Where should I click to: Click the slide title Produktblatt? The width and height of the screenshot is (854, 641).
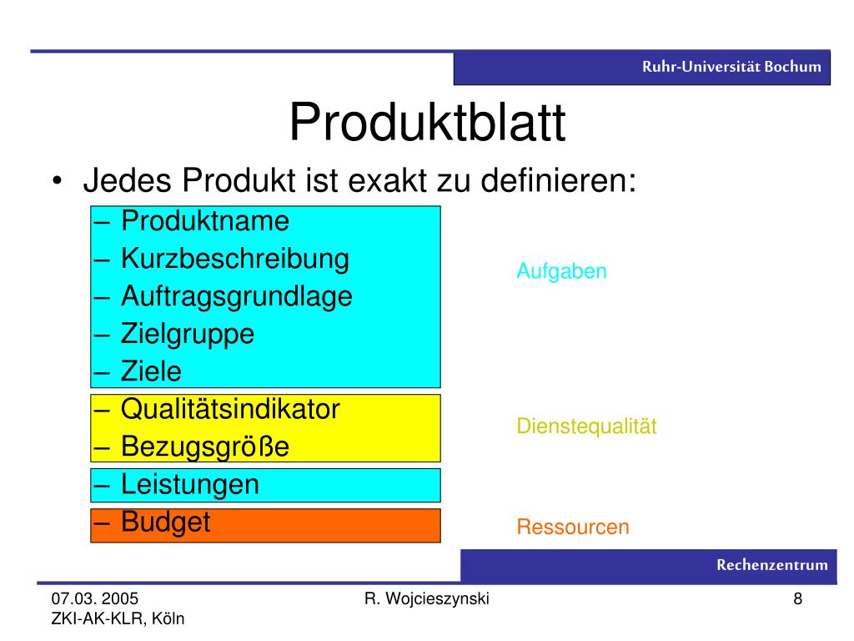point(428,123)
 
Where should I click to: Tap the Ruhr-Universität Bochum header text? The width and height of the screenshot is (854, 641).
point(731,67)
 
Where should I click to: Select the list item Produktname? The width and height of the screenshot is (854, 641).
point(205,221)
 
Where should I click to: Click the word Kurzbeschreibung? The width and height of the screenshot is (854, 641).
point(234,259)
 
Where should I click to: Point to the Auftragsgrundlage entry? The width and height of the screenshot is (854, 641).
point(236,297)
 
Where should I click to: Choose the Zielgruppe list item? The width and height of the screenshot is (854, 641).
point(188,334)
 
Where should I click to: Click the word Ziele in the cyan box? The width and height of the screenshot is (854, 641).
point(151,371)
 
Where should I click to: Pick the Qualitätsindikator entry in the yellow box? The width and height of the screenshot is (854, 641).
point(230,409)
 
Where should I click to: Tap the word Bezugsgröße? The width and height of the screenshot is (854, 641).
point(205,447)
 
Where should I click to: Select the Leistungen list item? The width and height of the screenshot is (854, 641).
point(189,485)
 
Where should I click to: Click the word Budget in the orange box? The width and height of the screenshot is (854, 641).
point(166,522)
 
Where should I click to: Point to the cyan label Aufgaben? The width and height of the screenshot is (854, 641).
point(561,271)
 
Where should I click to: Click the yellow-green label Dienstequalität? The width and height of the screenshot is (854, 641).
point(586,426)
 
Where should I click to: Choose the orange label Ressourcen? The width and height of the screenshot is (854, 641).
point(573,527)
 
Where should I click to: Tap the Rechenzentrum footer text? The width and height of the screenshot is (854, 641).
point(771,565)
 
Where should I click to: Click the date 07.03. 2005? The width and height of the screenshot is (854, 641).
point(95,598)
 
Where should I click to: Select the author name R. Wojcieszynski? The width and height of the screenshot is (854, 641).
point(426,599)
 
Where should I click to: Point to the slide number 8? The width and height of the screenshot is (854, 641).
point(798,598)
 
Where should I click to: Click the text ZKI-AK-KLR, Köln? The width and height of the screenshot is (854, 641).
point(118,618)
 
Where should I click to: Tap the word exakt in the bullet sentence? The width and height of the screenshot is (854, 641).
point(388,180)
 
